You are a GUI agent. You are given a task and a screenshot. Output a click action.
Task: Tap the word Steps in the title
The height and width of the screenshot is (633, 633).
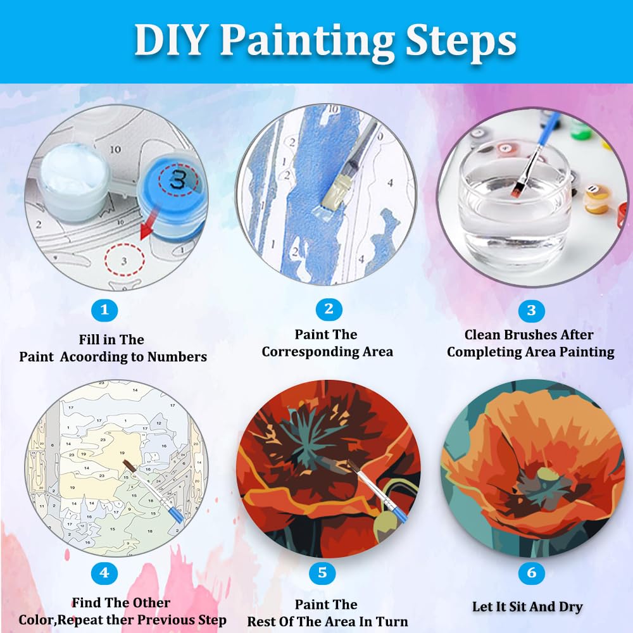(461, 42)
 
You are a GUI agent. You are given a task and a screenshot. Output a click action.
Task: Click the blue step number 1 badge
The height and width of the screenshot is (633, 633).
(104, 310)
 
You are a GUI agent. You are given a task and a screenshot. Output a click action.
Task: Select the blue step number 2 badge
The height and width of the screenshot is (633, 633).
(329, 310)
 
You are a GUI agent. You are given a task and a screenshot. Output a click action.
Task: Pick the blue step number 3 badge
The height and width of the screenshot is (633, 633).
(531, 310)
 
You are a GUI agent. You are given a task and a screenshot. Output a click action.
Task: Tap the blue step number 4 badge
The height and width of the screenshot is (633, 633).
(104, 573)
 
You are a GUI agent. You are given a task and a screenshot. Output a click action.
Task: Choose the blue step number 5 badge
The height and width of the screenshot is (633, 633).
(322, 572)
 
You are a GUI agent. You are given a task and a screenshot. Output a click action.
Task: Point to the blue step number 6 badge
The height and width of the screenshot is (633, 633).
(531, 572)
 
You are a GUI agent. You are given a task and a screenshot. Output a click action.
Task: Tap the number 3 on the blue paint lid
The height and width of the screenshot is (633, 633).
(178, 179)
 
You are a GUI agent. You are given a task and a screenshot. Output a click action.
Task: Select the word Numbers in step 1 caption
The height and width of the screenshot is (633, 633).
(177, 357)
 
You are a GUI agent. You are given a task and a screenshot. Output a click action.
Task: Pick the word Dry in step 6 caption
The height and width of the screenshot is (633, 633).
(570, 607)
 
